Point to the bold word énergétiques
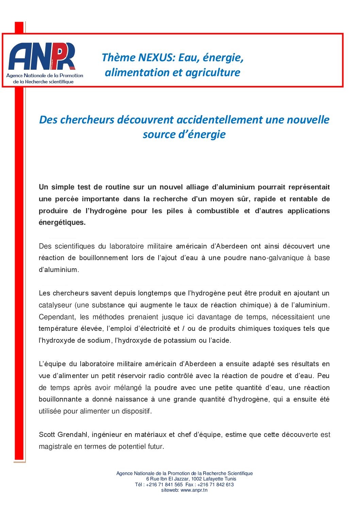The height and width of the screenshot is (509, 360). pos(62,222)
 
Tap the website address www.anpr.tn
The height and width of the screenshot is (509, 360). pos(194,490)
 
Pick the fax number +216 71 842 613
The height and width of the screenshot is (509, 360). pos(215,485)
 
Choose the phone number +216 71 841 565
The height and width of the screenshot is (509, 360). pos(164,485)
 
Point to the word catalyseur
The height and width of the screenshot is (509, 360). pos(55,305)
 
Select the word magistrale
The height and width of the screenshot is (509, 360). pos(55,446)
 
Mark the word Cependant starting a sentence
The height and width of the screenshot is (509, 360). pos(58,317)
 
